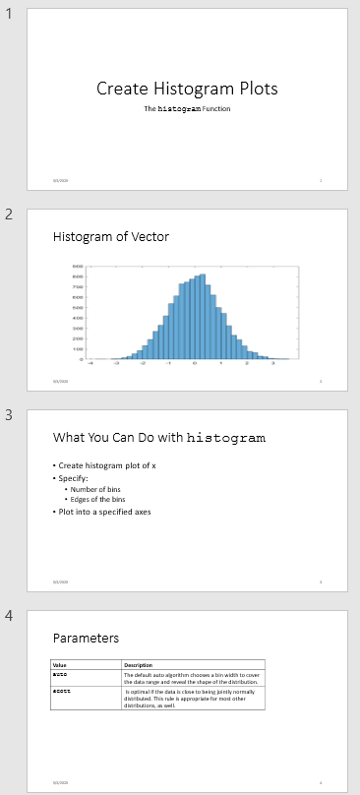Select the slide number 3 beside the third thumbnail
coord(8,415)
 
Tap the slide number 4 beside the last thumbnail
coord(8,616)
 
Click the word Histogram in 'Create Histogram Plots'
coord(187,89)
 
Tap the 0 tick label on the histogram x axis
coord(195,363)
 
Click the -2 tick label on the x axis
coord(142,363)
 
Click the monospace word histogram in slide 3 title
coord(225,438)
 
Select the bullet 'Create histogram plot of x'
coord(107,465)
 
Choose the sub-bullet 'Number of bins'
coord(96,489)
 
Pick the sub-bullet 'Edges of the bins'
coord(99,500)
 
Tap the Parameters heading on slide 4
coord(86,639)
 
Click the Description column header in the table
coord(139,666)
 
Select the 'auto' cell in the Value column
coord(59,676)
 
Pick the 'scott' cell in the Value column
coord(61,692)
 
